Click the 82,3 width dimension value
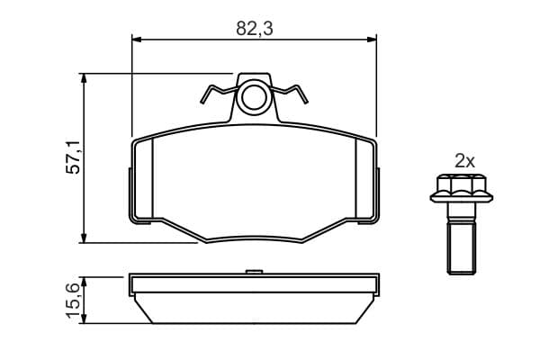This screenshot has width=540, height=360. (x=254, y=29)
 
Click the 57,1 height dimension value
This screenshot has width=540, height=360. (x=74, y=157)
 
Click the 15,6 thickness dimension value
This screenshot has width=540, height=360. (x=75, y=300)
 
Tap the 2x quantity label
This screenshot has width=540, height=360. (x=464, y=161)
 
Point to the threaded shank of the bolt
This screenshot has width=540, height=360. (x=462, y=247)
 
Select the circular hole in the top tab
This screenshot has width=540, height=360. (x=254, y=97)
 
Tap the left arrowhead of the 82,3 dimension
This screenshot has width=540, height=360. (x=137, y=40)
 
